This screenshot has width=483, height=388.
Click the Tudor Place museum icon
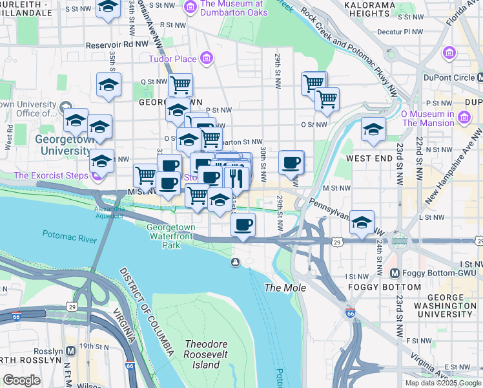pos(207,59)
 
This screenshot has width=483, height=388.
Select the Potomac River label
pos(70,237)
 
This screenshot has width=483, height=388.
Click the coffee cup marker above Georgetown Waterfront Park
pos(243,224)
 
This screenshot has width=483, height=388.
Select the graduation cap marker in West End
pos(373,129)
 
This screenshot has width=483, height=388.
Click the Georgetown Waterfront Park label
pos(172,236)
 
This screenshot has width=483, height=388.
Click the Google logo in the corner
pos(22,380)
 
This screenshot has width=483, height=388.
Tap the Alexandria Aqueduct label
pos(109,214)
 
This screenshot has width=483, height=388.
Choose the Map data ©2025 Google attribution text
pos(442,382)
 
